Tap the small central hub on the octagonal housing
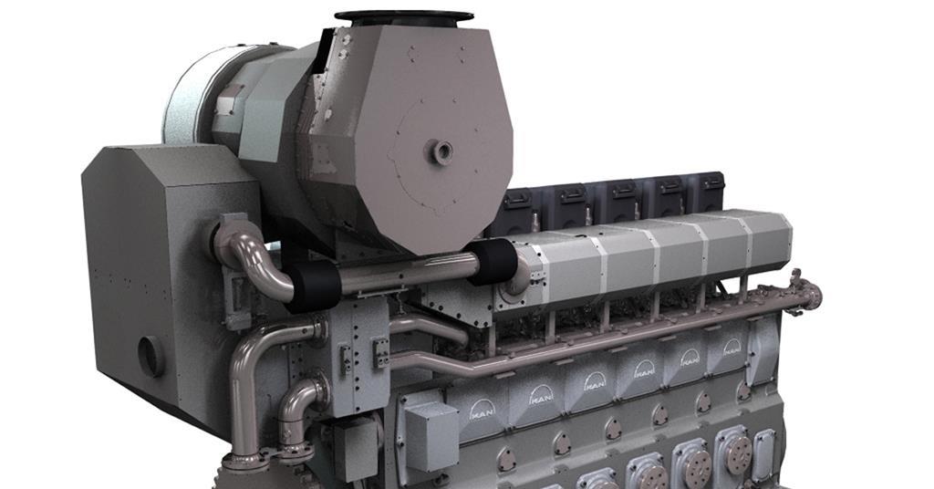pos(442,151)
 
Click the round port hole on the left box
pos(150,356)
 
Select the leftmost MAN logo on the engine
pos(482,411)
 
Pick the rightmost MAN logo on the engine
pos(732,347)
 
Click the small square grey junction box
pos(431,428)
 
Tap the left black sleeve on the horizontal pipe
pos(314,287)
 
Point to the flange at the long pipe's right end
pos(811,295)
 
